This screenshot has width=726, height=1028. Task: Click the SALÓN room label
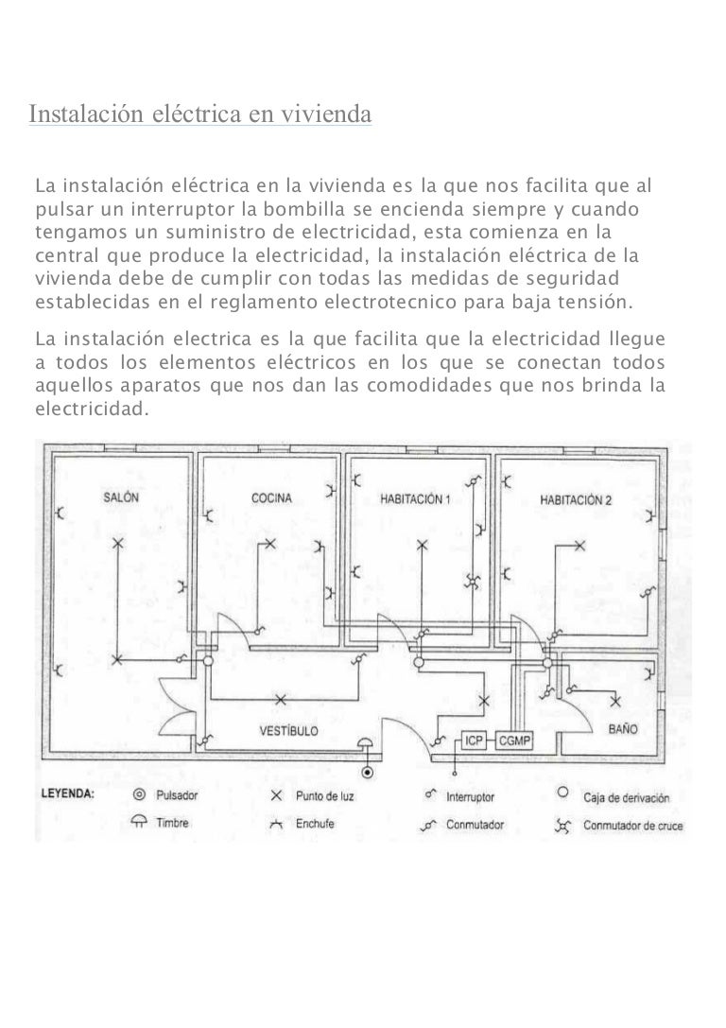pyautogui.click(x=121, y=497)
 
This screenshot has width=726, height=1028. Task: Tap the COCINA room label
pyautogui.click(x=271, y=498)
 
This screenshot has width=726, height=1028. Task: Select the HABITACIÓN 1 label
pyautogui.click(x=415, y=499)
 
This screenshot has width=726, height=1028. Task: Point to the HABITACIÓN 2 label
pyautogui.click(x=576, y=500)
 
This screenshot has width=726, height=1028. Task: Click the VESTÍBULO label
pyautogui.click(x=289, y=730)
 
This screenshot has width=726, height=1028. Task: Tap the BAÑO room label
pyautogui.click(x=622, y=729)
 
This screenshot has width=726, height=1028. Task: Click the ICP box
pyautogui.click(x=474, y=741)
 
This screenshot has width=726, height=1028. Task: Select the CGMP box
pyautogui.click(x=514, y=741)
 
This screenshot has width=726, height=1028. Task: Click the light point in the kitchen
pyautogui.click(x=270, y=544)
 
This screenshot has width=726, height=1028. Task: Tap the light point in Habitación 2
pyautogui.click(x=579, y=546)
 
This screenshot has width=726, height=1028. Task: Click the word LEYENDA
pyautogui.click(x=67, y=793)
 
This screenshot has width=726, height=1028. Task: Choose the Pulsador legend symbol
pyautogui.click(x=139, y=795)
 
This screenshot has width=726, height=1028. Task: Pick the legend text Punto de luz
pyautogui.click(x=324, y=796)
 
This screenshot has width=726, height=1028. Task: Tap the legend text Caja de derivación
pyautogui.click(x=627, y=798)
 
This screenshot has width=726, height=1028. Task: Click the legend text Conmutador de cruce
pyautogui.click(x=633, y=826)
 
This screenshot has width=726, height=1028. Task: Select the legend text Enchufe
pyautogui.click(x=315, y=824)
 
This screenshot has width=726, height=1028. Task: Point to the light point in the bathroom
pyautogui.click(x=615, y=702)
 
